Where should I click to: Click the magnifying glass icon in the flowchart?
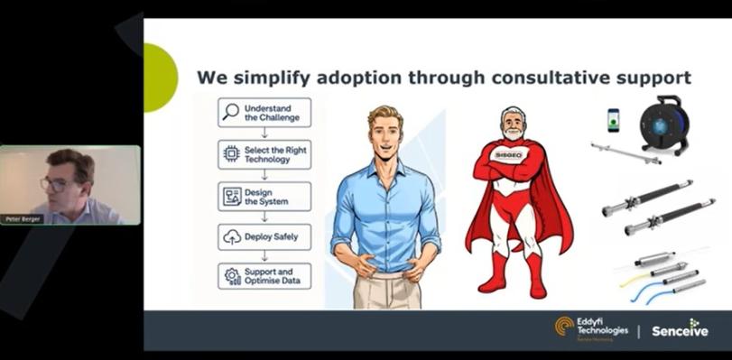point(231,113)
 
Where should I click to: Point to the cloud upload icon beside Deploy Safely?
point(232,237)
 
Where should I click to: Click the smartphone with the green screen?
point(614,120)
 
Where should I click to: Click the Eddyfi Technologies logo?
point(592,328)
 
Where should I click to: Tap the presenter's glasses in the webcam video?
point(53,184)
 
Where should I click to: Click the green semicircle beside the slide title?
point(159,78)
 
